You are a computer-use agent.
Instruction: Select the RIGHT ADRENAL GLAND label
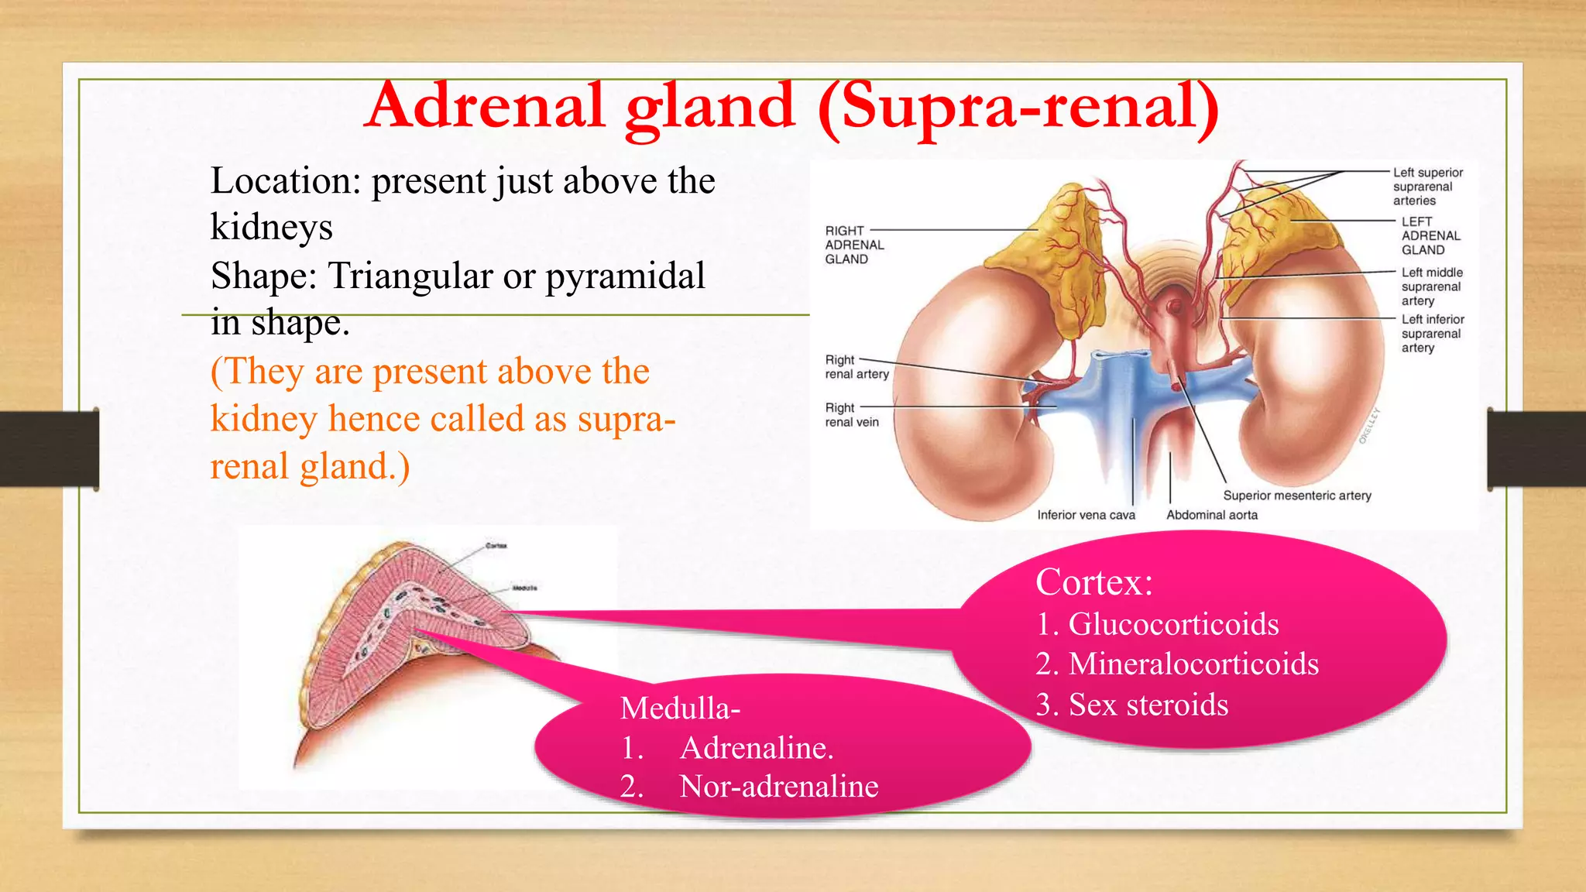point(853,245)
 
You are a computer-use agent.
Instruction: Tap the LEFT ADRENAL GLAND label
point(1430,235)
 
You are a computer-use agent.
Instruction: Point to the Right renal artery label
point(856,367)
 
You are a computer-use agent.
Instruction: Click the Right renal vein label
point(851,415)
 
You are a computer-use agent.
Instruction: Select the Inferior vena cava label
point(1086,515)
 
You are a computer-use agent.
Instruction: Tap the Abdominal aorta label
point(1211,515)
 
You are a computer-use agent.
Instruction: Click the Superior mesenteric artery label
point(1296,496)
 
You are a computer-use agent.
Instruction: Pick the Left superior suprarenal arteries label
point(1426,187)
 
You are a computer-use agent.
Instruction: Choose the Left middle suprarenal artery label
point(1431,286)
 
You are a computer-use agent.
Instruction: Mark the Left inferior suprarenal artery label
point(1432,333)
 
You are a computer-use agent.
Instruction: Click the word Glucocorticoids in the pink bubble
point(1173,624)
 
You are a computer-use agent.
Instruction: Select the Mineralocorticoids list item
point(1193,664)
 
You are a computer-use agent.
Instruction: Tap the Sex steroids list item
point(1148,705)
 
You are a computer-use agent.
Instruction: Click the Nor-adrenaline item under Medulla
point(778,787)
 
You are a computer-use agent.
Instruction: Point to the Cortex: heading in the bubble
point(1093,582)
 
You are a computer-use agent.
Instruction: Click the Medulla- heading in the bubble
point(680,708)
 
